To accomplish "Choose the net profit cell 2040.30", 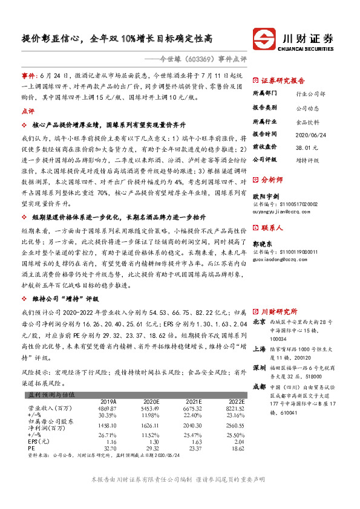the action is [x=193, y=425].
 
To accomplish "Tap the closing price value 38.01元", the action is [x=307, y=146].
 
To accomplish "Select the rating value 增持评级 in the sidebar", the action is [x=308, y=160].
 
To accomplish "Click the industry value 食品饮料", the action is [x=308, y=120].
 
